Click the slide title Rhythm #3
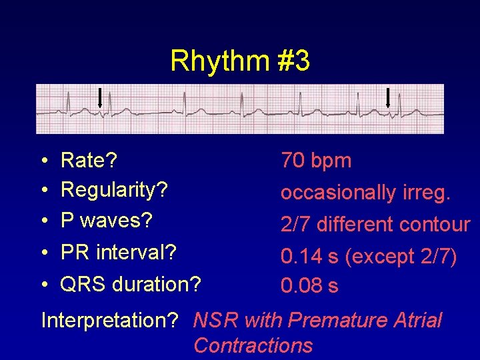coord(239,61)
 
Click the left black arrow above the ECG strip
coord(99,97)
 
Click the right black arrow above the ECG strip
coord(389,97)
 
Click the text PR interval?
coord(119,253)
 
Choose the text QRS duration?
coord(131,285)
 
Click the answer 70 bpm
coord(316,161)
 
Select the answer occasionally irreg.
coord(366,193)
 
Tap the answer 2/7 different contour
coord(375,225)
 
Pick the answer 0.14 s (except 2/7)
coord(369,256)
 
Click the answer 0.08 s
coord(309,287)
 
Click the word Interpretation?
coord(109,321)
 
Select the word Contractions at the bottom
coord(253,345)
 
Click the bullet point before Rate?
coord(43,161)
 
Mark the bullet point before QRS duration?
coord(43,285)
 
